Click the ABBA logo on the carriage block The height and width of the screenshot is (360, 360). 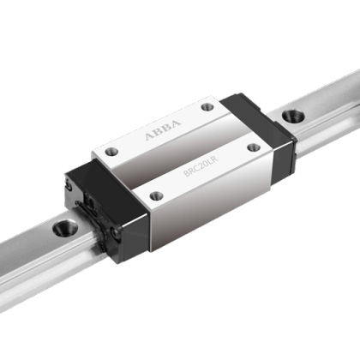[x=163, y=130]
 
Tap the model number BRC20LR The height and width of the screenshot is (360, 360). [x=201, y=166]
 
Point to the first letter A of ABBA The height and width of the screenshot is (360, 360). [x=149, y=136]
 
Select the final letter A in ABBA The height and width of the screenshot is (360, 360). [x=177, y=123]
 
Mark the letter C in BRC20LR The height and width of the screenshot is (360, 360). [x=195, y=170]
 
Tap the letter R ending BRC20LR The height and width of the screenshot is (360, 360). [x=214, y=159]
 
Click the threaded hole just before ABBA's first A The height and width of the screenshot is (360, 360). [x=111, y=151]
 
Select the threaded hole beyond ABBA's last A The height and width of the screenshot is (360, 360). [x=207, y=107]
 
